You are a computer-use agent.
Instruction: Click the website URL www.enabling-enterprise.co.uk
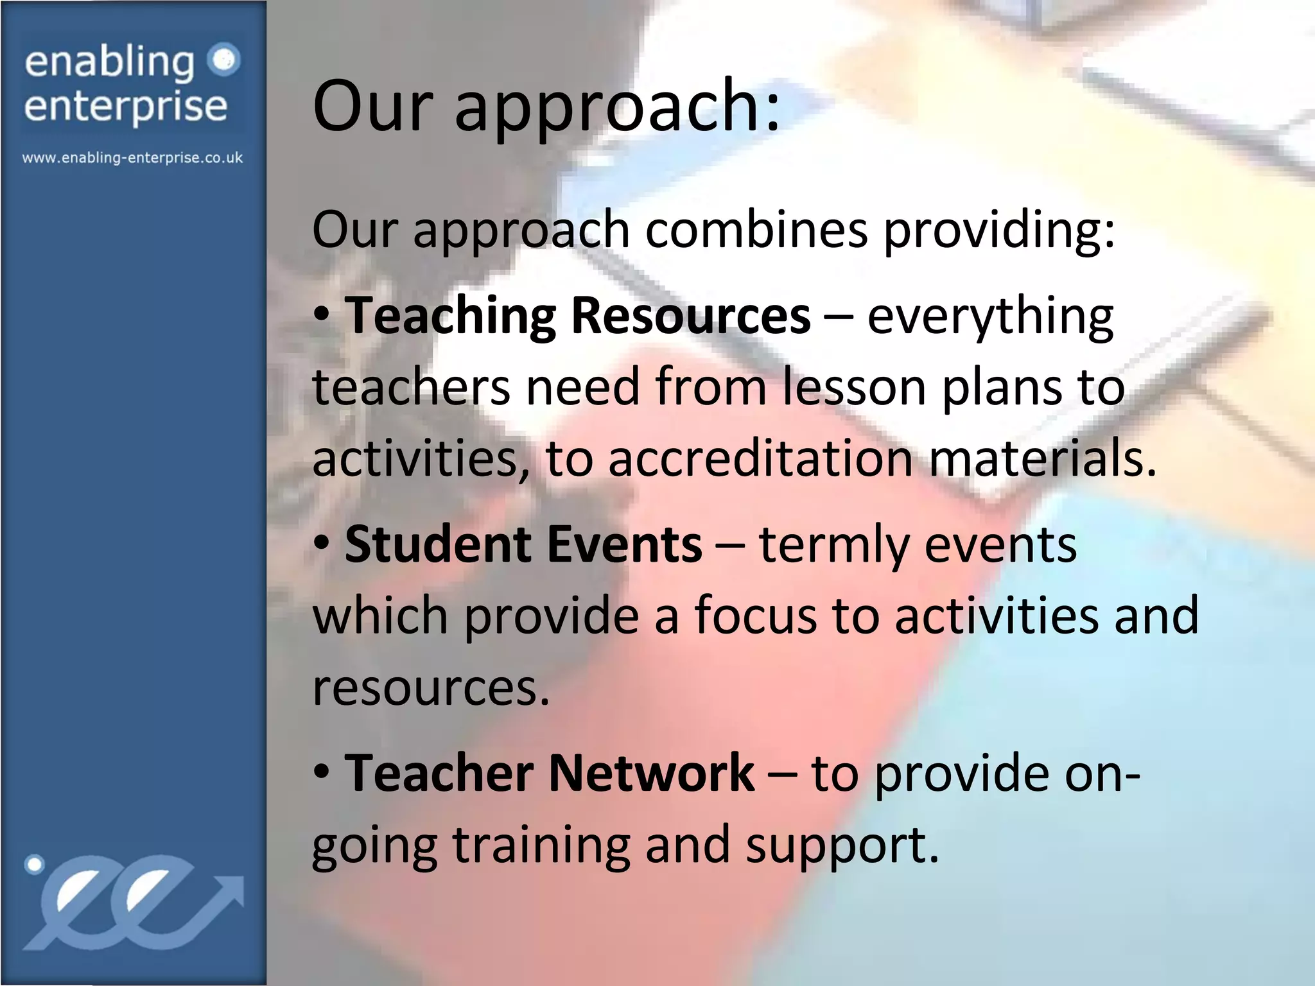click(x=132, y=158)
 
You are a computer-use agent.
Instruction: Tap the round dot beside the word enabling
click(x=224, y=60)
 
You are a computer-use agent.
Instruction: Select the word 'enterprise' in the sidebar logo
click(x=126, y=107)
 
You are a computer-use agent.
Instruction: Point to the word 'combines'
click(x=756, y=230)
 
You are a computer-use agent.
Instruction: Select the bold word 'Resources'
click(x=690, y=316)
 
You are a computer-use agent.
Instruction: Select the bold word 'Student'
click(x=438, y=544)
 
